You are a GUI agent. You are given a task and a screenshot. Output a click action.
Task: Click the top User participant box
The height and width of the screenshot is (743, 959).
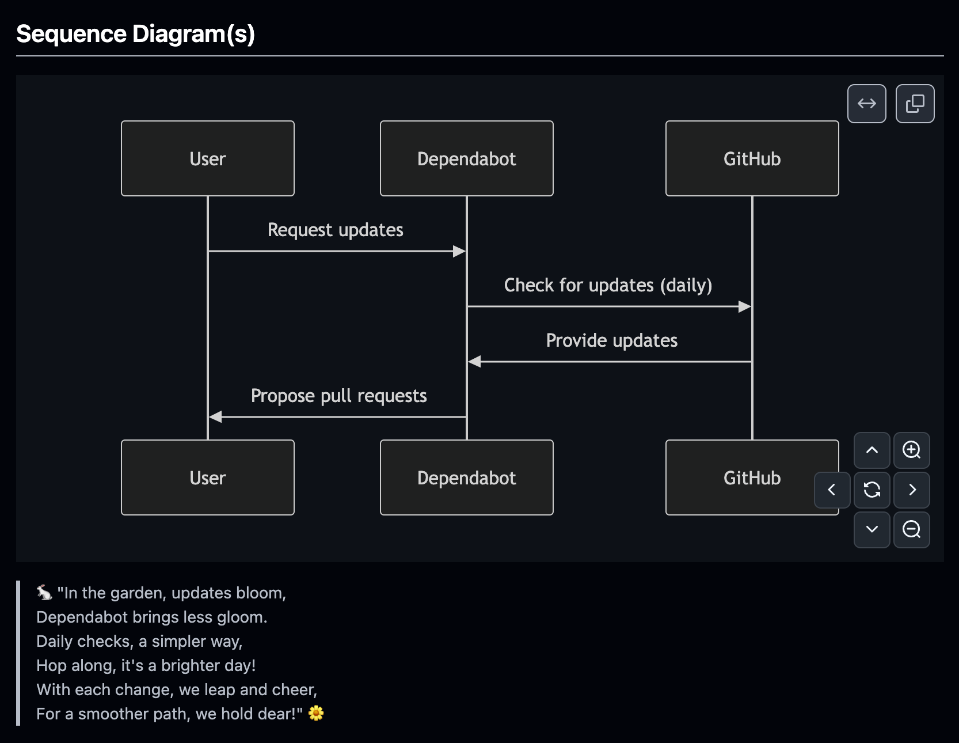click(207, 158)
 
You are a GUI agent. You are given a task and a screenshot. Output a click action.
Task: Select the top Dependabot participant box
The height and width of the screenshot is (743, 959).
click(466, 158)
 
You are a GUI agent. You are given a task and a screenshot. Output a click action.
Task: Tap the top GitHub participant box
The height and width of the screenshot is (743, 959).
click(752, 158)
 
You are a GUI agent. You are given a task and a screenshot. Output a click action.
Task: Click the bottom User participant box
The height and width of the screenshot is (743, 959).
click(207, 477)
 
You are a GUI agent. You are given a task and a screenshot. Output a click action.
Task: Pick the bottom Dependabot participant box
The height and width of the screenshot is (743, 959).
click(466, 477)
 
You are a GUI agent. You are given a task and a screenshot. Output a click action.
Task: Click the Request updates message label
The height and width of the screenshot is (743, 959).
click(335, 230)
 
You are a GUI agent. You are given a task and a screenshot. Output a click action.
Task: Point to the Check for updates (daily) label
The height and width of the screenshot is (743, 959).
click(608, 285)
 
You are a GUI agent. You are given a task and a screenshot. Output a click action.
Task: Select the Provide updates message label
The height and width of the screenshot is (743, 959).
click(611, 340)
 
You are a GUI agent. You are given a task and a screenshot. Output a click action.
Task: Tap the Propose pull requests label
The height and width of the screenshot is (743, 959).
click(338, 396)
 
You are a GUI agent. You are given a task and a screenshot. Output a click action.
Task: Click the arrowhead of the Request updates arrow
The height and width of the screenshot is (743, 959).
click(459, 251)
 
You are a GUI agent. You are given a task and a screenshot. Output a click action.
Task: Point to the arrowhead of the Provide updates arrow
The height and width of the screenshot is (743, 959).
click(474, 362)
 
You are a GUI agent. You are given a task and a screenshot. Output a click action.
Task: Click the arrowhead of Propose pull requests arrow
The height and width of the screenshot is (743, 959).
click(215, 417)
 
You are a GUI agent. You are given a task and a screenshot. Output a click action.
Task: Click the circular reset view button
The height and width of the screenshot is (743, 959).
click(872, 490)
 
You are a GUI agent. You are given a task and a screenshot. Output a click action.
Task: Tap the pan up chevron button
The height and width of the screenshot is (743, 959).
click(872, 450)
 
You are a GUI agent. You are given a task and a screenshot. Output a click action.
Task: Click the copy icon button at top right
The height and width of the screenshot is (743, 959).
click(915, 104)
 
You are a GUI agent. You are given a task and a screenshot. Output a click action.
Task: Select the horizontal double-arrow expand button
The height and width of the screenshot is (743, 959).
click(866, 104)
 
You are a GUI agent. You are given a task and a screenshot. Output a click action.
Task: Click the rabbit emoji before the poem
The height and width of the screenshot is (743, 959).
click(44, 592)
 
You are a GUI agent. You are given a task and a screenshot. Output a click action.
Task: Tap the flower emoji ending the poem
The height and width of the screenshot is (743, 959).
click(316, 714)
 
